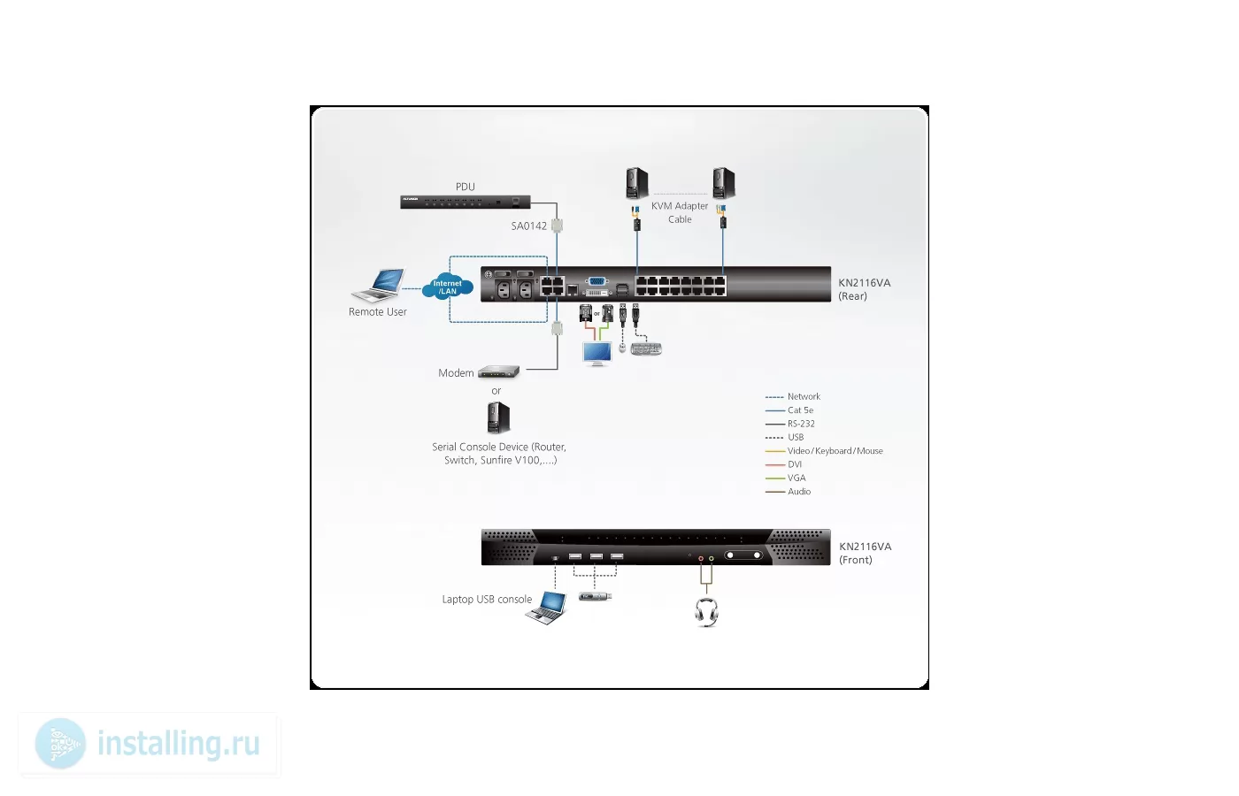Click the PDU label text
466,187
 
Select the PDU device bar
466,202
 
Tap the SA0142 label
529,226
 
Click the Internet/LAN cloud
448,287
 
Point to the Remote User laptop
379,285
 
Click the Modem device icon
498,372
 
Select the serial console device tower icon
498,417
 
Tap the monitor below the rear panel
597,354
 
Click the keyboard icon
646,348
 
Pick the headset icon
706,612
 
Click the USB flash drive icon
595,596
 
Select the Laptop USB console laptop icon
547,608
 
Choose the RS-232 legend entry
789,424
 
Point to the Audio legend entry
789,492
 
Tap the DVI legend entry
783,464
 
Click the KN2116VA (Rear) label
864,290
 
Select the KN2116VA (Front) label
866,554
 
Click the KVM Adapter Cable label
680,213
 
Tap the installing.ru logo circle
60,744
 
